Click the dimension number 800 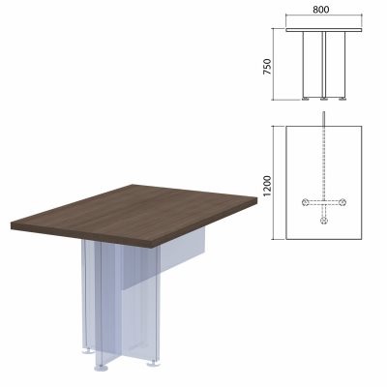(321, 10)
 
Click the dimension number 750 (268, 67)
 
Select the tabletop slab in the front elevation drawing (324, 30)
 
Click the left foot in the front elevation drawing (306, 99)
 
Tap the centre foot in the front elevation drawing (324, 99)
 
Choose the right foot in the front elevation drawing (342, 99)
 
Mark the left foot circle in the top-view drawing (305, 202)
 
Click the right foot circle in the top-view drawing (343, 202)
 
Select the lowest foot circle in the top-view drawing (324, 221)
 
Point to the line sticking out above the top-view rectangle (324, 119)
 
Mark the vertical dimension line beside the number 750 (274, 64)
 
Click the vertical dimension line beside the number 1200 (274, 183)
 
